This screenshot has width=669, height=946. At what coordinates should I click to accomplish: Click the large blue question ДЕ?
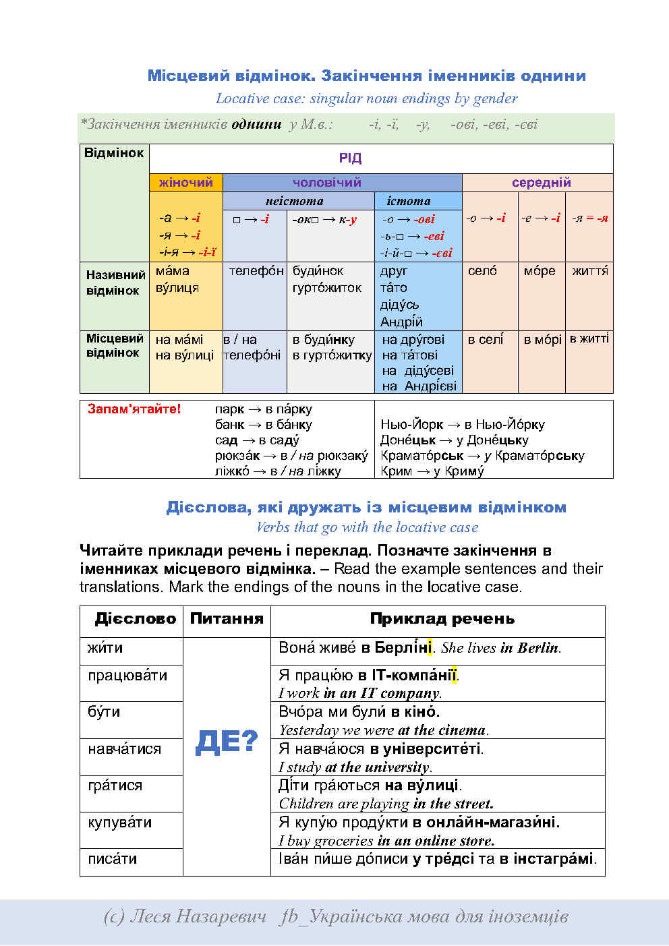pyautogui.click(x=227, y=742)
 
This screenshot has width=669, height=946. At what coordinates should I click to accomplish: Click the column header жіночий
pyautogui.click(x=185, y=183)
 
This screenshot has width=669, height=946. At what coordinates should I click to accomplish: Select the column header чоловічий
pyautogui.click(x=327, y=183)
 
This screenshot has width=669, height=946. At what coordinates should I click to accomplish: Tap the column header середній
pyautogui.click(x=541, y=183)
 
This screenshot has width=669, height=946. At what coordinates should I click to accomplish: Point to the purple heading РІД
pyautogui.click(x=350, y=158)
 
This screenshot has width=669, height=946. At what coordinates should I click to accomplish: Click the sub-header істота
pyautogui.click(x=408, y=201)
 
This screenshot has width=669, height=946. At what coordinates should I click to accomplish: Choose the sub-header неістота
pyautogui.click(x=294, y=201)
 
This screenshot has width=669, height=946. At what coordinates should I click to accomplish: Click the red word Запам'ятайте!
pyautogui.click(x=134, y=409)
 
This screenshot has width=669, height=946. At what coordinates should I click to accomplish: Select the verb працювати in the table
pyautogui.click(x=127, y=676)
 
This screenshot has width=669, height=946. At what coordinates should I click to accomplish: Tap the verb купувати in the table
pyautogui.click(x=119, y=823)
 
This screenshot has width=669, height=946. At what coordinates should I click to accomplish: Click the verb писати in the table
pyautogui.click(x=112, y=859)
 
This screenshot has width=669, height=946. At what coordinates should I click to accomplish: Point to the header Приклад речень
pyautogui.click(x=442, y=619)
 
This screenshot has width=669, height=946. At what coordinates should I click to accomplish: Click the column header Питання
pyautogui.click(x=227, y=619)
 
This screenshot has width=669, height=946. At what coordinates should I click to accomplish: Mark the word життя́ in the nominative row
pyautogui.click(x=589, y=271)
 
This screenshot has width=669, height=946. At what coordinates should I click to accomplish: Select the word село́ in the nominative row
pyautogui.click(x=482, y=271)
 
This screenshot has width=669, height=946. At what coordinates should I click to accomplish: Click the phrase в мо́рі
pyautogui.click(x=542, y=340)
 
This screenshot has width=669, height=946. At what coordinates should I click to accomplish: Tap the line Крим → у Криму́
pyautogui.click(x=432, y=471)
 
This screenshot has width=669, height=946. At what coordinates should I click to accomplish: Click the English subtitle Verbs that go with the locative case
pyautogui.click(x=367, y=527)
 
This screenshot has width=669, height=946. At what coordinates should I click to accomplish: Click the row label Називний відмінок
pyautogui.click(x=115, y=283)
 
